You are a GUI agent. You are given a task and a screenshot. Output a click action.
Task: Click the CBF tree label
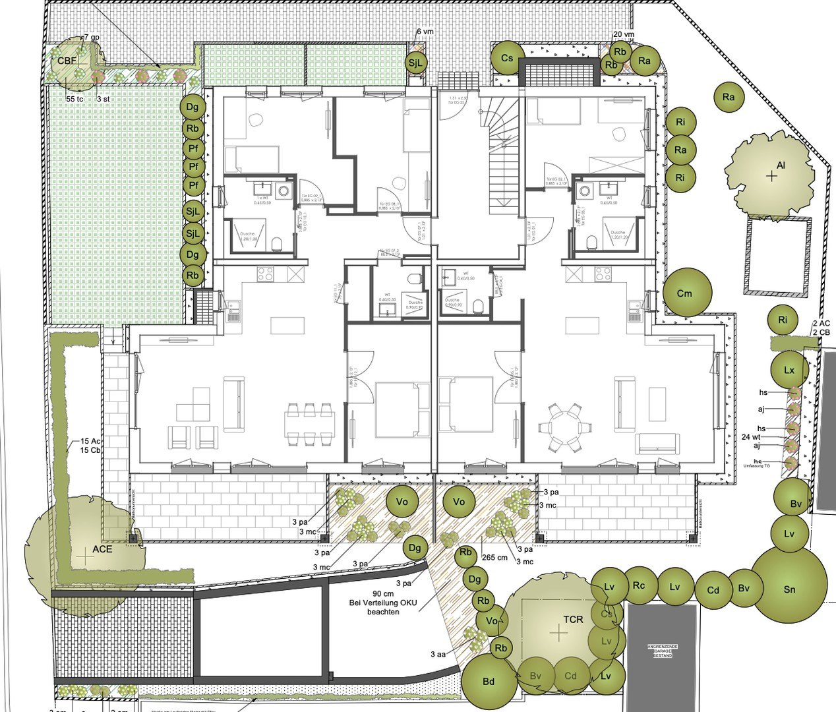67,61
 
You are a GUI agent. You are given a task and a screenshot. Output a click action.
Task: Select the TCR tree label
573,620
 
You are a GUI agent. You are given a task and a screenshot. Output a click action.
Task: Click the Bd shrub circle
489,682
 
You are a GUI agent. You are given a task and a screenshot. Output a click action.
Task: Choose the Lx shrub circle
789,371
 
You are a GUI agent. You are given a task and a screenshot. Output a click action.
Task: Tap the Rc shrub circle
638,585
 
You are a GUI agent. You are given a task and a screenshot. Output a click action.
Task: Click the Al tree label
781,165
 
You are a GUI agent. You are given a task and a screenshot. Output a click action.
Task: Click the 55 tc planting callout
75,98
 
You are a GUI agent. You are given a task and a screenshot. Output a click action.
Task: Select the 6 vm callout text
425,32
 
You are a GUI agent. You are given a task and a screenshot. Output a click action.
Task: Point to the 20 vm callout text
623,34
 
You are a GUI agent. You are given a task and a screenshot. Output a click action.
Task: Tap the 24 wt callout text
751,436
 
